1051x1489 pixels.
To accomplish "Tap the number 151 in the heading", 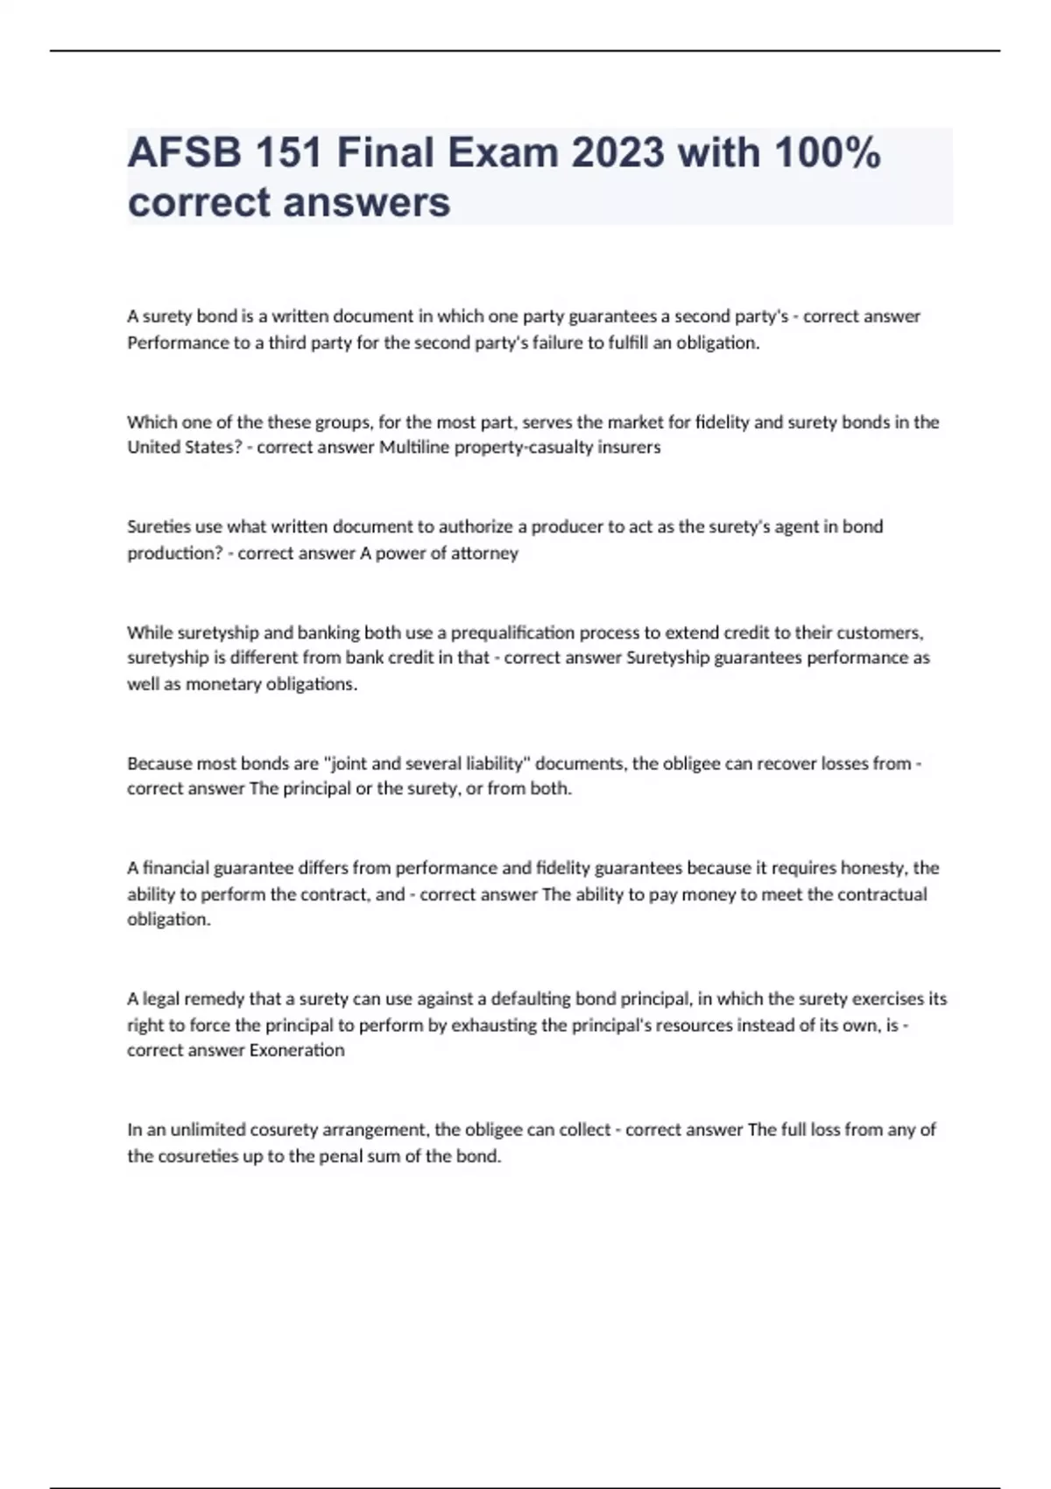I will click(x=288, y=153).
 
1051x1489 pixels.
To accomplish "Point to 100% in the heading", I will click(x=827, y=153).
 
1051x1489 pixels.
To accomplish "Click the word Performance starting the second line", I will click(x=178, y=342).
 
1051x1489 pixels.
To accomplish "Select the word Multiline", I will click(x=414, y=448).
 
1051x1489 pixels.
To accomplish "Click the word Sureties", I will click(x=158, y=526).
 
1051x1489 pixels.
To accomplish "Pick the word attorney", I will click(x=485, y=554).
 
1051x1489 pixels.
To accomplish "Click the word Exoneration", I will click(x=297, y=1050).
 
